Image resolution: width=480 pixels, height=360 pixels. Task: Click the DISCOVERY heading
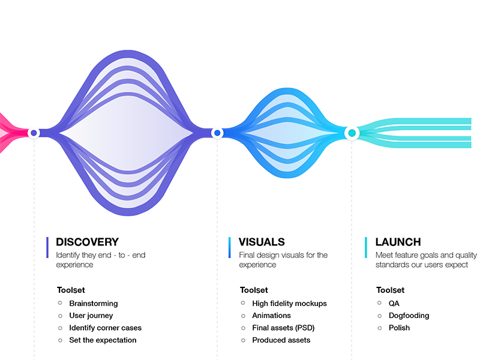(x=87, y=242)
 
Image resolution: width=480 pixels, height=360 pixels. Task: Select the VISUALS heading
(x=262, y=242)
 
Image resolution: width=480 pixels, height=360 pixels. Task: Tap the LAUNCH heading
(x=398, y=242)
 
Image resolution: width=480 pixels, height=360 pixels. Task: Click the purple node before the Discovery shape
(x=34, y=133)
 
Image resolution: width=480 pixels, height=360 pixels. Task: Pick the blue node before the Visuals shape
(x=217, y=133)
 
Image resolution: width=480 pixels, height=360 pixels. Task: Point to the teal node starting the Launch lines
(x=352, y=133)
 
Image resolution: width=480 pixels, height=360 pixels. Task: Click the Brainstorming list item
(x=94, y=304)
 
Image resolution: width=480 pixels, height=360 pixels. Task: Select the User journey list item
(x=91, y=316)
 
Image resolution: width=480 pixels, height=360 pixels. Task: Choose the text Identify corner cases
(x=106, y=328)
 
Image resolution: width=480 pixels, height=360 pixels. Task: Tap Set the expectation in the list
(x=103, y=340)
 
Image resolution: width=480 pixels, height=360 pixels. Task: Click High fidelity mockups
(x=289, y=304)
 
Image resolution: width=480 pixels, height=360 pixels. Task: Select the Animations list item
(x=271, y=316)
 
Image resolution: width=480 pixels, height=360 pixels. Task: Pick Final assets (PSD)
(x=283, y=328)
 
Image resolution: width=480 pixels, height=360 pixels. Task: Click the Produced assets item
(x=281, y=340)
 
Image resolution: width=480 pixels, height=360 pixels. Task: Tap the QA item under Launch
(x=394, y=304)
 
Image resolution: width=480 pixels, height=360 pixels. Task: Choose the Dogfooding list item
(x=409, y=316)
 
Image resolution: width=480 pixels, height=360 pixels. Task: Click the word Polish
(x=399, y=328)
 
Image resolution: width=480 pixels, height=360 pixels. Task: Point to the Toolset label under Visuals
(x=254, y=290)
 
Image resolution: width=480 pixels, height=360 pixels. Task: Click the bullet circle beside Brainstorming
(x=60, y=303)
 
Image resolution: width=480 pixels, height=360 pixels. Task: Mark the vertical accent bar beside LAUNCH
(x=366, y=247)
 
